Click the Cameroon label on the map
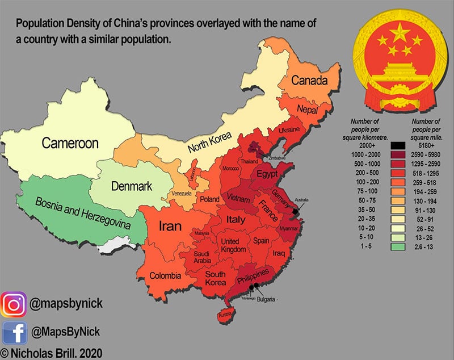click(70, 143)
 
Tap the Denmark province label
click(132, 186)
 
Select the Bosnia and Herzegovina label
click(83, 213)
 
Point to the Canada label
click(309, 81)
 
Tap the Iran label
click(170, 227)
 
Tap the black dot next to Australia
click(295, 212)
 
